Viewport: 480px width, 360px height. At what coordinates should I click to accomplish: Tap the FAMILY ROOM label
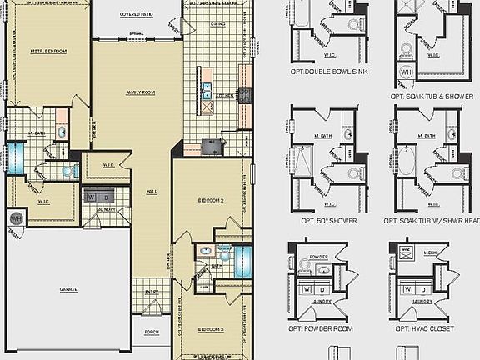tap(140, 92)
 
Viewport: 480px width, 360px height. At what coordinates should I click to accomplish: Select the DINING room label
tap(217, 24)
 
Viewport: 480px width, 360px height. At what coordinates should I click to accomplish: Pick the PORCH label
tap(152, 332)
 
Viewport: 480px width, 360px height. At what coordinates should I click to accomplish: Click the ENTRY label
tap(152, 292)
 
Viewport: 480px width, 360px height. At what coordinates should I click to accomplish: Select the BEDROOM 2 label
tap(212, 201)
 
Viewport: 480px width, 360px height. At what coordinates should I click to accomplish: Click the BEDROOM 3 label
tap(211, 330)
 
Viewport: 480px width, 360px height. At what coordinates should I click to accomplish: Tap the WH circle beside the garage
tap(15, 218)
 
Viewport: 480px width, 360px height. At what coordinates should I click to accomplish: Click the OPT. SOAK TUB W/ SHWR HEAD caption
tap(430, 221)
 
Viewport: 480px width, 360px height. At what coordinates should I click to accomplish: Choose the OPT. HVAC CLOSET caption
tap(422, 329)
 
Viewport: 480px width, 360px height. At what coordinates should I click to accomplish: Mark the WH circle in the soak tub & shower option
tap(407, 72)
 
